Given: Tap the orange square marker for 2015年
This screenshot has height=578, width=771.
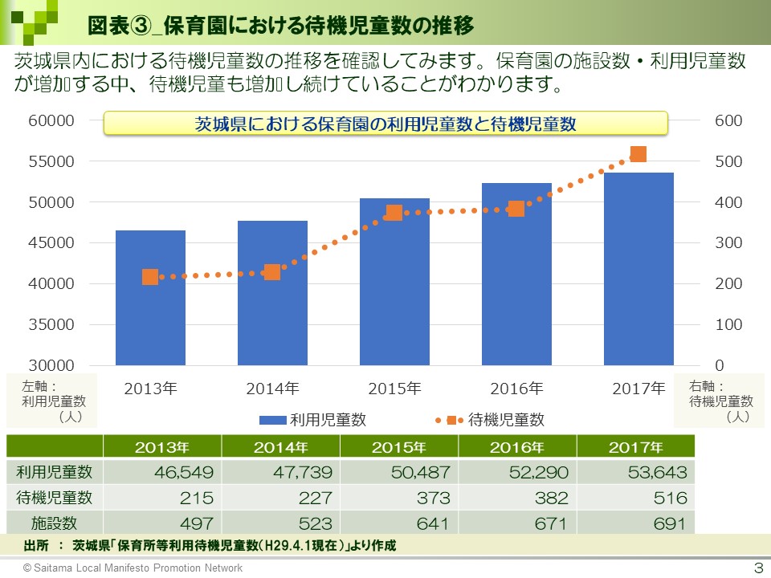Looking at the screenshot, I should click(394, 213).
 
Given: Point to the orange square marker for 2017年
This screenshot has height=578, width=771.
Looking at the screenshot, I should click(638, 154).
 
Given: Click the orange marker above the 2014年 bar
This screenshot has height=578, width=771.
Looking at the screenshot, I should click(272, 272).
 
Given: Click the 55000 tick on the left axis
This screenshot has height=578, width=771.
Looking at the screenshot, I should click(52, 161).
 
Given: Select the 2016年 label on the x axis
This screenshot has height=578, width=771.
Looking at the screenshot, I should click(516, 389).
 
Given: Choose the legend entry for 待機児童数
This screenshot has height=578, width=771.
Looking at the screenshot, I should click(490, 419).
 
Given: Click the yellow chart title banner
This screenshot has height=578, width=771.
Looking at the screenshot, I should click(385, 124).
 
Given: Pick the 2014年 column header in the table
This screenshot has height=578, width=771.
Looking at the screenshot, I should click(280, 447).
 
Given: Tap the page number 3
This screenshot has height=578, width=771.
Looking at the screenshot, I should click(757, 568).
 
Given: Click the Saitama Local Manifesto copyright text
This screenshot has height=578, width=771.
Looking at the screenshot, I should click(133, 568).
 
